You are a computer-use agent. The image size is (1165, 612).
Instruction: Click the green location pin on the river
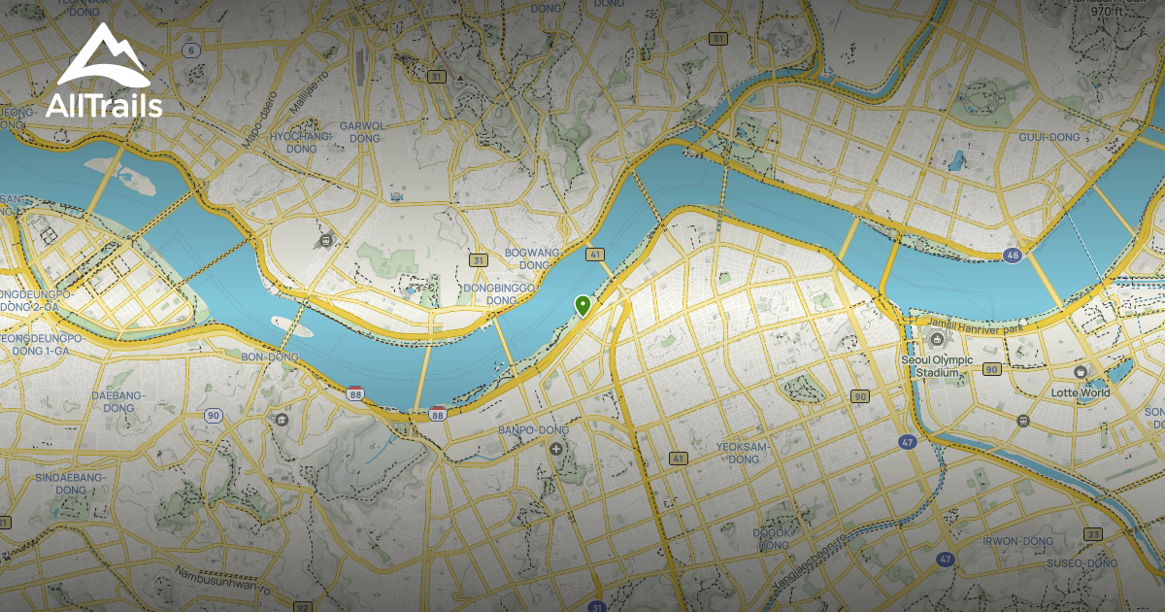pyautogui.click(x=582, y=305)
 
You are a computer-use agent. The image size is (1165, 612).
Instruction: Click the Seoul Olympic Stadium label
pyautogui.click(x=936, y=365)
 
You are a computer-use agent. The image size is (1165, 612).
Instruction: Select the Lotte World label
pyautogui.click(x=1079, y=392)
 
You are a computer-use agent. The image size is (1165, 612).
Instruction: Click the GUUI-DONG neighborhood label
pyautogui.click(x=1048, y=137)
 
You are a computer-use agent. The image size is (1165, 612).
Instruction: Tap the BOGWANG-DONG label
pyautogui.click(x=533, y=258)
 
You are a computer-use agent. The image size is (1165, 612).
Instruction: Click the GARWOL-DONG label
pyautogui.click(x=363, y=132)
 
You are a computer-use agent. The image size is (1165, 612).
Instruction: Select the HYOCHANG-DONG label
pyautogui.click(x=294, y=143)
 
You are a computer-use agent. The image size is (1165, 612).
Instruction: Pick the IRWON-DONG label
pyautogui.click(x=1017, y=541)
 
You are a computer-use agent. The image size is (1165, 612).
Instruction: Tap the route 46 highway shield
pyautogui.click(x=1013, y=255)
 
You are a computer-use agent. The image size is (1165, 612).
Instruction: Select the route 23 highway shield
pyautogui.click(x=1094, y=534)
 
